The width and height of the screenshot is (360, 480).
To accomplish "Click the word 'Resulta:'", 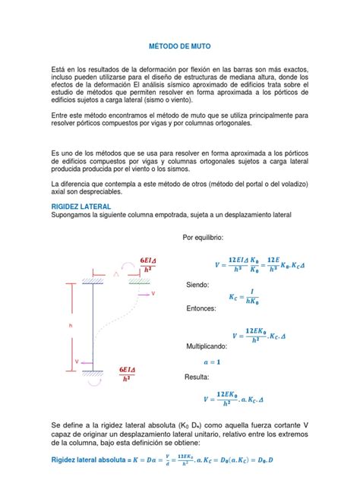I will tap(200, 377).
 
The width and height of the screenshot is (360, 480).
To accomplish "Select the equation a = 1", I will tap(233, 362).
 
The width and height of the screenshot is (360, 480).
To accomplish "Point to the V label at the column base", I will tap(76, 362).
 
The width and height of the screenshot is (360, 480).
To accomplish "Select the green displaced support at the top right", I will tap(138, 280).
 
